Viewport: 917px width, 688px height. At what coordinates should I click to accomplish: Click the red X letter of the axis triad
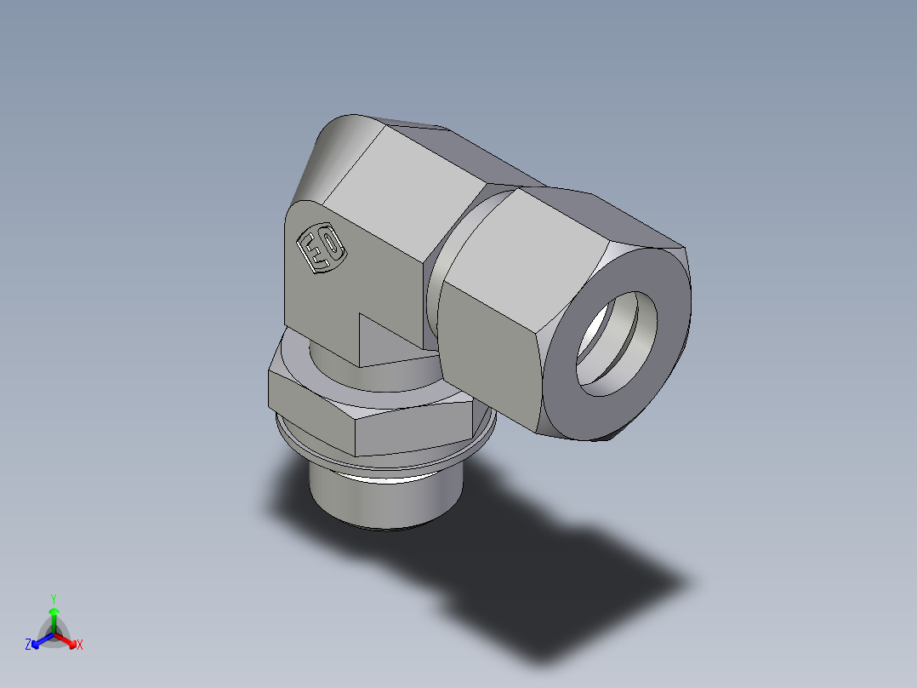80,645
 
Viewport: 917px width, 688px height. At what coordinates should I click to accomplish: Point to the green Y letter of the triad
54,599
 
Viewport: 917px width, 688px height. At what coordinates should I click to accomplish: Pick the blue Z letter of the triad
28,645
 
